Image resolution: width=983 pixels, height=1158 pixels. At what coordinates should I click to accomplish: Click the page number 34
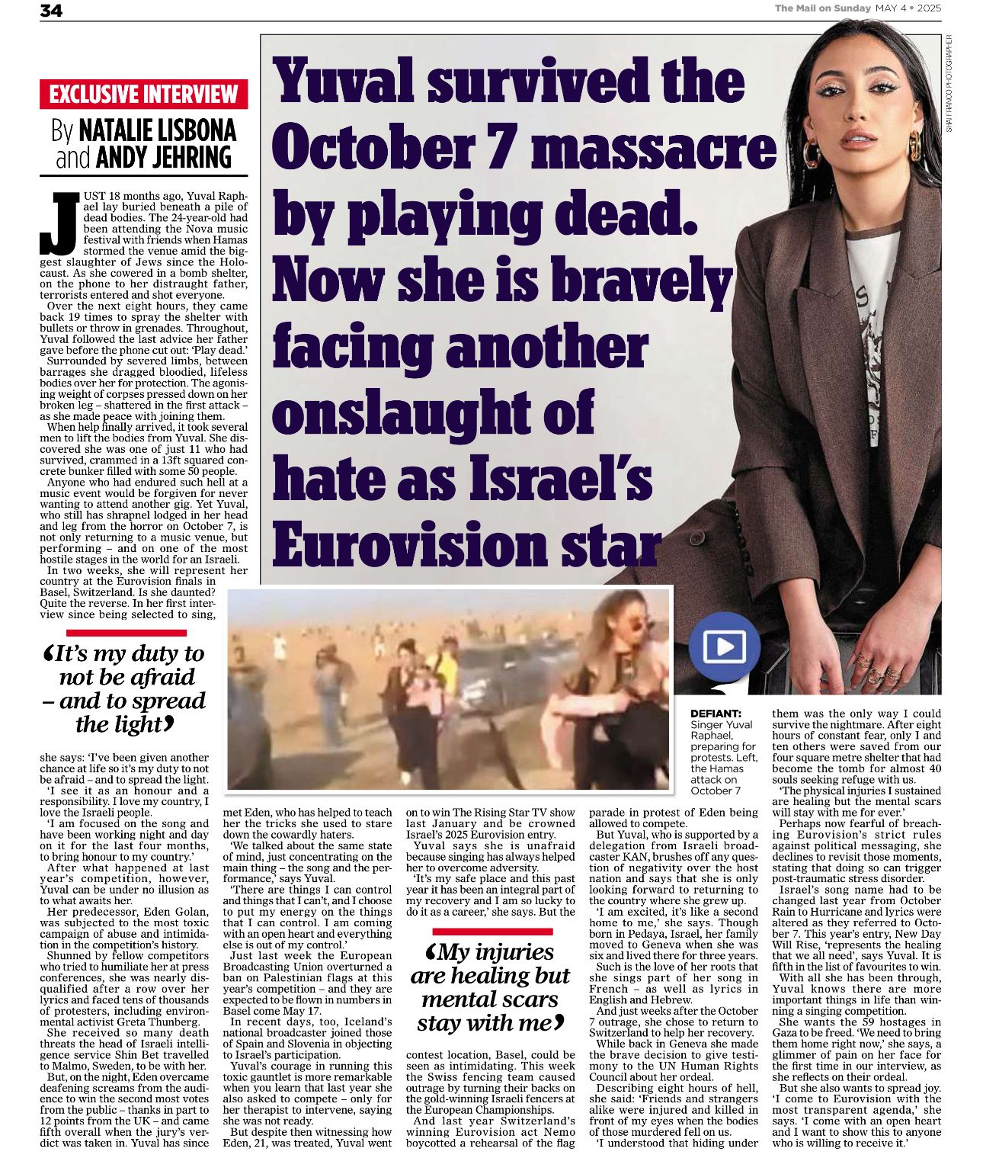[x=51, y=10]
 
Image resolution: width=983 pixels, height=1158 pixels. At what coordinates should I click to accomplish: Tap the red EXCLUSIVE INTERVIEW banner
[x=144, y=95]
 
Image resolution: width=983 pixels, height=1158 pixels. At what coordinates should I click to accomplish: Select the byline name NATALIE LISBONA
[x=157, y=130]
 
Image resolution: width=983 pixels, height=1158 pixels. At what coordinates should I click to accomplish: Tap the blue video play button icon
[x=724, y=647]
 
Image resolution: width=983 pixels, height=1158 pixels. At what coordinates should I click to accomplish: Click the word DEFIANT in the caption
[x=716, y=714]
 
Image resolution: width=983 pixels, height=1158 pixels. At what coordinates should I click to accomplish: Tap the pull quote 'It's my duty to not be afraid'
[x=125, y=688]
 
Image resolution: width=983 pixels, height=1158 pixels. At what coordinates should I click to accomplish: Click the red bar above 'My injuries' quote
[x=491, y=932]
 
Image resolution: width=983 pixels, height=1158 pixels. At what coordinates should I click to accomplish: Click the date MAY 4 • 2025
[x=908, y=8]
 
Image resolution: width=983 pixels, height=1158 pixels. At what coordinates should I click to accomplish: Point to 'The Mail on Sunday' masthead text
[x=823, y=8]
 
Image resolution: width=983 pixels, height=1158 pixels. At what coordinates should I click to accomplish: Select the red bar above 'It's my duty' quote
[x=126, y=633]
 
